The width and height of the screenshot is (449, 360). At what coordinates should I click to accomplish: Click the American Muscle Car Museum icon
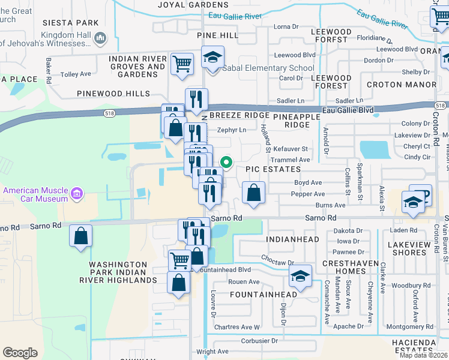[x=77, y=194]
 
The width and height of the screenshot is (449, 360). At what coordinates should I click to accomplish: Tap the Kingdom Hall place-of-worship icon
[x=100, y=38]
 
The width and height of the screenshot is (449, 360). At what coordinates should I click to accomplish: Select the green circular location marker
[x=226, y=161]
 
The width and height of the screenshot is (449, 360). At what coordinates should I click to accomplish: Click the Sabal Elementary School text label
[x=268, y=68]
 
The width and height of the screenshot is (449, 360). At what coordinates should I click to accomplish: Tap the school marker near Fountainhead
[x=300, y=275]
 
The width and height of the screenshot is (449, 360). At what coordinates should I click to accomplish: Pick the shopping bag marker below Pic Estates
[x=253, y=193]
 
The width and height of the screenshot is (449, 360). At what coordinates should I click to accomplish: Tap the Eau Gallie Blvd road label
[x=348, y=110]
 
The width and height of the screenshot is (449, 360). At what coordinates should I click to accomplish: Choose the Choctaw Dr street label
[x=278, y=262]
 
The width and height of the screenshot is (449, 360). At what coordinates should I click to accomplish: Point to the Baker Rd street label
[x=48, y=70]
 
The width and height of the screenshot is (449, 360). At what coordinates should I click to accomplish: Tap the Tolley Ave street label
[x=76, y=74]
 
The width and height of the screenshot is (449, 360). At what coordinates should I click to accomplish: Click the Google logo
[x=20, y=353]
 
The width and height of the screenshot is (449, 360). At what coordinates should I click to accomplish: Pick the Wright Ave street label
[x=212, y=352]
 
